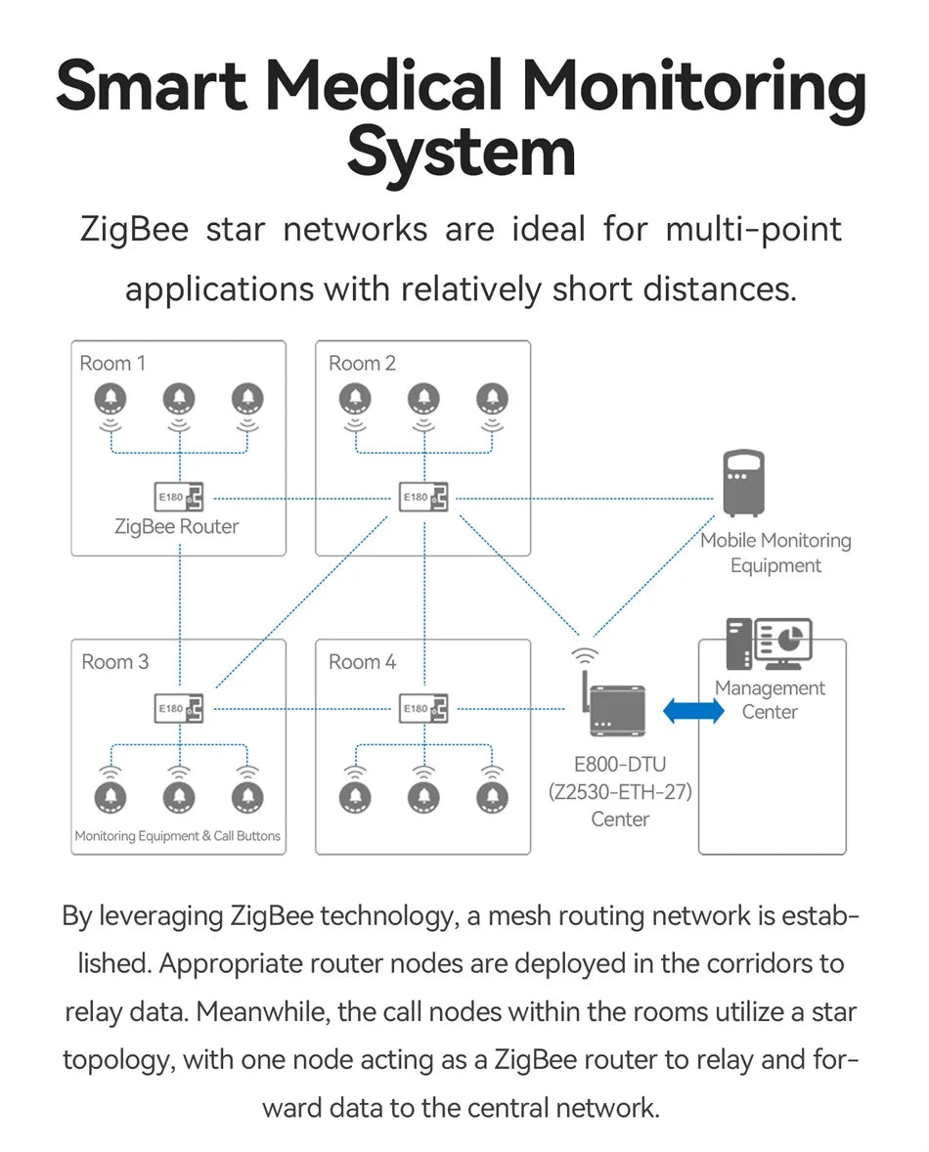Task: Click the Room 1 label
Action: pos(112,363)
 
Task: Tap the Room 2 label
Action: pos(361,363)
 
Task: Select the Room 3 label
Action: pos(114,662)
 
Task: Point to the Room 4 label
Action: pos(361,662)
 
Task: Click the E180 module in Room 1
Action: pos(178,498)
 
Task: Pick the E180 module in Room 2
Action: pos(423,498)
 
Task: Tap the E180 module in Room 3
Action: pos(178,708)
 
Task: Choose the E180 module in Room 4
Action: pos(423,708)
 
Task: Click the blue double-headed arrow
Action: pos(693,711)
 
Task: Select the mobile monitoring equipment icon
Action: pos(743,483)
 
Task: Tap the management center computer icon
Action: pos(769,643)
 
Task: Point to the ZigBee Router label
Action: pos(176,527)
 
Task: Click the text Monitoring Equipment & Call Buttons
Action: pos(178,836)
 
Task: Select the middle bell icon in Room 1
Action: pos(179,399)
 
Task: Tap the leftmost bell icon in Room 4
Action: pos(355,798)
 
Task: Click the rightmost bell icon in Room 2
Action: pos(492,399)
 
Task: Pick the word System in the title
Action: pos(462,153)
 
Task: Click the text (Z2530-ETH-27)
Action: pos(620,792)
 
